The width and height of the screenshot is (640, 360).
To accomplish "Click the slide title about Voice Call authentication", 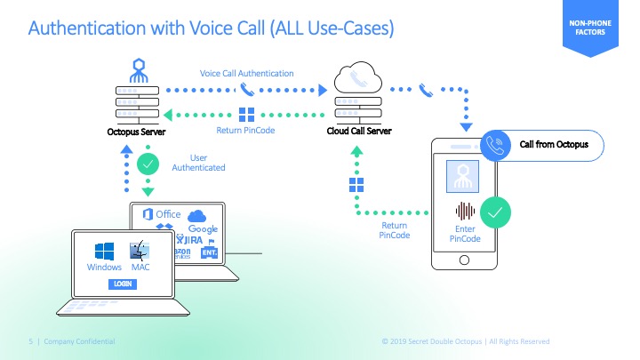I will click(212, 29).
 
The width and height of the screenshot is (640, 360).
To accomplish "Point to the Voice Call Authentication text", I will click(246, 73).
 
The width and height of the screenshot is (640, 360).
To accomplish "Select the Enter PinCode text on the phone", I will click(465, 234).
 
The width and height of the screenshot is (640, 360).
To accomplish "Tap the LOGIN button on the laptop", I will click(122, 284).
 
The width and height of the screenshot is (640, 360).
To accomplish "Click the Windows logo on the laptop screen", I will click(104, 249).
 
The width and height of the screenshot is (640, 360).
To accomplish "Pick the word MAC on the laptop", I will click(140, 268).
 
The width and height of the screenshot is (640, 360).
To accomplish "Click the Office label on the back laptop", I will click(168, 214).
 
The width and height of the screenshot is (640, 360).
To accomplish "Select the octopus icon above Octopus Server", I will click(138, 68).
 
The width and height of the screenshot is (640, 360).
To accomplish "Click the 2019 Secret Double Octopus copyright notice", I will click(466, 341).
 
